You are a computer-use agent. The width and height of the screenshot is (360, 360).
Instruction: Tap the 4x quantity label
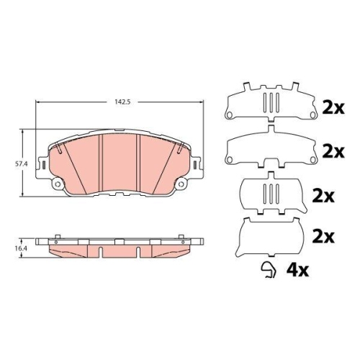click(297, 271)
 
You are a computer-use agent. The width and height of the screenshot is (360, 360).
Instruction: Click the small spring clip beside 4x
click(269, 270)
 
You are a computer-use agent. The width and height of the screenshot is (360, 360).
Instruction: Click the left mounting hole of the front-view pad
click(58, 184)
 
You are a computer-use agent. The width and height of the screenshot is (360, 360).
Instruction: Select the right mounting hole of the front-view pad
click(181, 184)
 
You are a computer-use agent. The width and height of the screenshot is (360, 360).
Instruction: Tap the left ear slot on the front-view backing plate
click(44, 165)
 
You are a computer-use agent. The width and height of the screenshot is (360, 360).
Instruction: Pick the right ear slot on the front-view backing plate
click(195, 165)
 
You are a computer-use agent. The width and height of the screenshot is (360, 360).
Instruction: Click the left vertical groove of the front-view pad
click(101, 163)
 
